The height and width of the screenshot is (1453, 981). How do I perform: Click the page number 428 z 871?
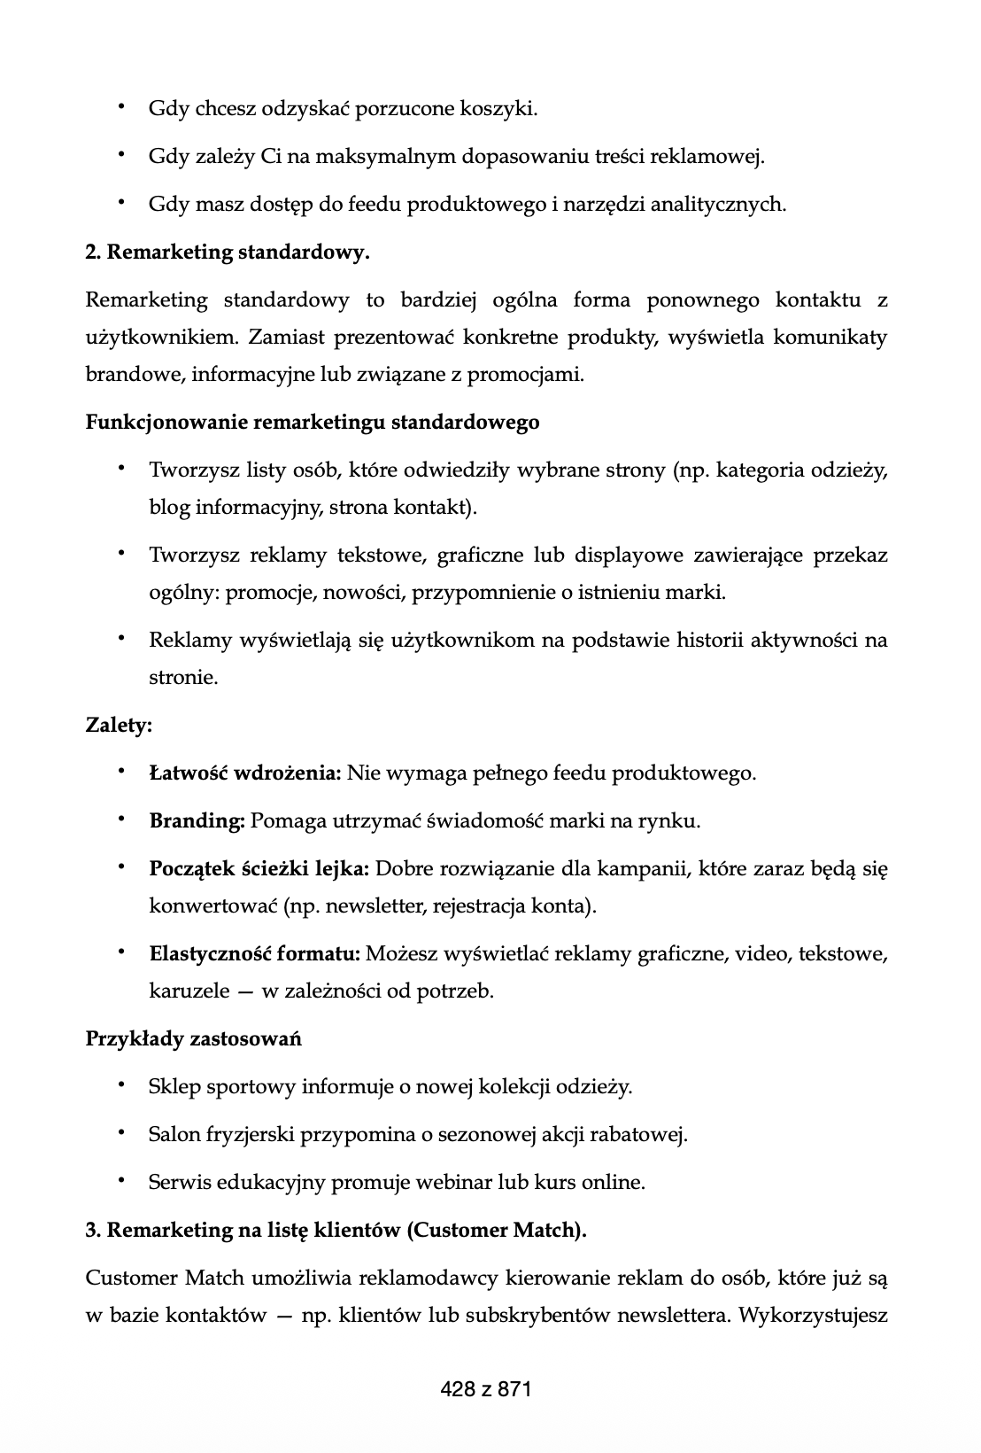(485, 1389)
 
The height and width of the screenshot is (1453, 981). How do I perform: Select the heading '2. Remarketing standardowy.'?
(228, 253)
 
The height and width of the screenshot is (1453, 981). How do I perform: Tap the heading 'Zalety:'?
(119, 726)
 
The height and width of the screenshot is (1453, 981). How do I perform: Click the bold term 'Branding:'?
(197, 821)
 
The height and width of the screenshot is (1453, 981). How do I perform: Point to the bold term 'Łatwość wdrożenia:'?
(245, 773)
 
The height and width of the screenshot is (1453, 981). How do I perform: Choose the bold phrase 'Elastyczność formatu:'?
(254, 954)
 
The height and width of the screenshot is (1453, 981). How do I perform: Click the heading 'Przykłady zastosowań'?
(193, 1038)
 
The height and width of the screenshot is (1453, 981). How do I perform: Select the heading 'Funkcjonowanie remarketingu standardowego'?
(312, 423)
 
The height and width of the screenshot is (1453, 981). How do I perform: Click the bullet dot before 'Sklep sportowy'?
(119, 1085)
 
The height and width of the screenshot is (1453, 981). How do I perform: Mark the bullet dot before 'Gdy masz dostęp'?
(119, 204)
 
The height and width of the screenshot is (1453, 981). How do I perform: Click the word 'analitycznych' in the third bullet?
(717, 205)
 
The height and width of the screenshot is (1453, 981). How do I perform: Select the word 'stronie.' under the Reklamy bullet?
(182, 679)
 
